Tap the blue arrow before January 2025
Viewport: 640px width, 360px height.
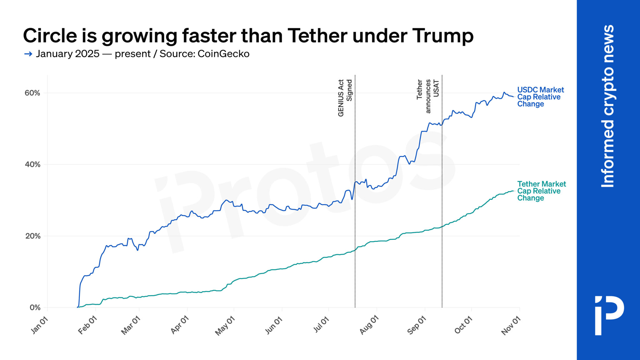28,54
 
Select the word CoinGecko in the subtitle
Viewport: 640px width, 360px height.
223,54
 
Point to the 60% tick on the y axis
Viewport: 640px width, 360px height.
32,93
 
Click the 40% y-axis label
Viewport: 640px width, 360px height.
32,164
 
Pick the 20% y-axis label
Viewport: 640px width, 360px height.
32,236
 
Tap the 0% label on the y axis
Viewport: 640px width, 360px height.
35,307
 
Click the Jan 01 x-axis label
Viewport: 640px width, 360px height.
40,325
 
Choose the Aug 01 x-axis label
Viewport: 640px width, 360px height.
369,325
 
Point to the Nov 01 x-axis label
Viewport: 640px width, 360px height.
511,325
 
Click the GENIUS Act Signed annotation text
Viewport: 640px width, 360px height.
345,98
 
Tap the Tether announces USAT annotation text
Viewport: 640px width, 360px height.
428,96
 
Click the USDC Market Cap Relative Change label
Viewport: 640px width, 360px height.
540,97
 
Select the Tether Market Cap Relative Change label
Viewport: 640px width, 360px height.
541,191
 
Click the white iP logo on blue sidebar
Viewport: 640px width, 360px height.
609,315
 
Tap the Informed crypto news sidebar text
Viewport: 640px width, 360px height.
608,106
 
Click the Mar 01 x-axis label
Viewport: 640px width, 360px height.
131,325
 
